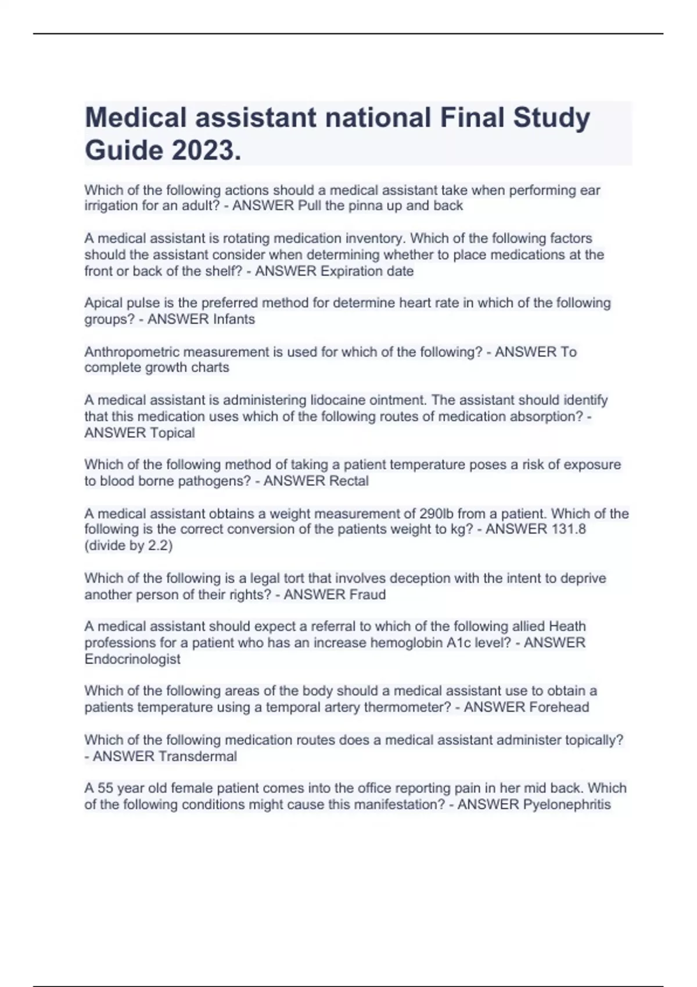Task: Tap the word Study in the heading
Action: coord(551,118)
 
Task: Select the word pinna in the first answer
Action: coord(365,206)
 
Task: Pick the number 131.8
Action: coord(569,529)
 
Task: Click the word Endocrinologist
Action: coord(132,659)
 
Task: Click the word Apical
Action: coord(103,303)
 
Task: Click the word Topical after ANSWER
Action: coord(173,433)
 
